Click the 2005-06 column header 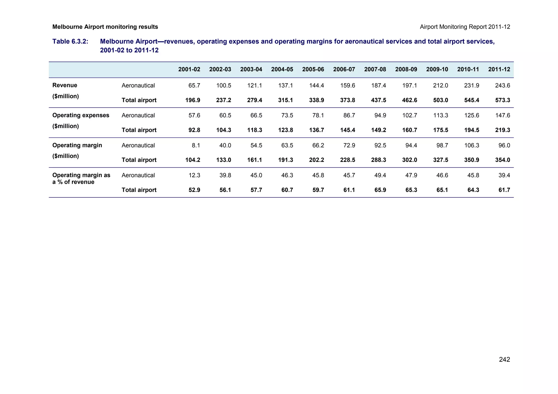click(x=313, y=69)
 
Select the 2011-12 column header click(x=499, y=69)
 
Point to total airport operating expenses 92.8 click(x=194, y=130)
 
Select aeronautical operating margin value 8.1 click(x=196, y=145)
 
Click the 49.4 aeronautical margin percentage click(x=380, y=175)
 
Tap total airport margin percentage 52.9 click(x=194, y=190)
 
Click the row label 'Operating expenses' click(x=81, y=115)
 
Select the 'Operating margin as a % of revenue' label click(x=81, y=179)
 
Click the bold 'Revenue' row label click(x=65, y=85)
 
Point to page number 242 click(x=504, y=360)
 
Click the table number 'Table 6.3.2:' click(x=70, y=42)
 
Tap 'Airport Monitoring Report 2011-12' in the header click(x=465, y=27)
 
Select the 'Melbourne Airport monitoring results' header click(x=105, y=27)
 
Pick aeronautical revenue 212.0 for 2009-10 click(x=441, y=85)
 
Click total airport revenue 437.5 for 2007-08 click(x=378, y=100)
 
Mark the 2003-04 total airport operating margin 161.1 click(x=254, y=160)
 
